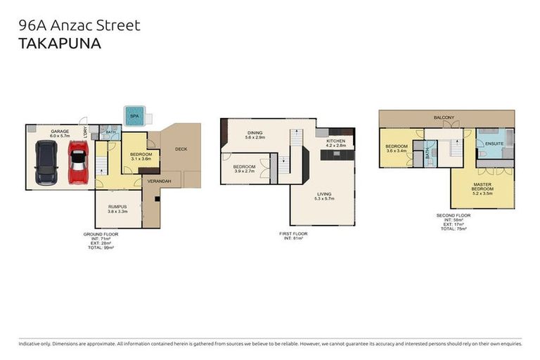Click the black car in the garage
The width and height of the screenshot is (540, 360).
click(46, 162)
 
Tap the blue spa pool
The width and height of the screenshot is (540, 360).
click(134, 115)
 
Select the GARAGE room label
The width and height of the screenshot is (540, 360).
click(60, 131)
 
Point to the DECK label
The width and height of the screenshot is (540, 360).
click(181, 148)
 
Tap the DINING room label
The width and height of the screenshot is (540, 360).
click(255, 132)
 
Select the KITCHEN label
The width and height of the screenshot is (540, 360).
click(336, 141)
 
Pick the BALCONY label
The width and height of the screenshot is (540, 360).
click(444, 117)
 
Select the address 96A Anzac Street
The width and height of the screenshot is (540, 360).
click(79, 25)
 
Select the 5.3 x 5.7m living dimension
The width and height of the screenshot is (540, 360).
click(324, 199)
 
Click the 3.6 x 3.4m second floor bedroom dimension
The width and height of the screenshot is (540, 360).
click(397, 150)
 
